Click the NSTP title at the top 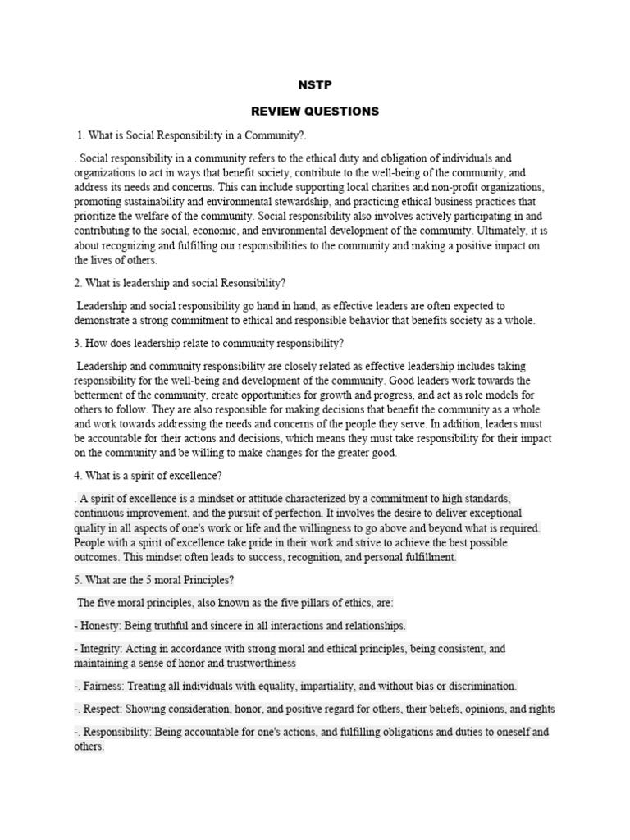tap(314, 84)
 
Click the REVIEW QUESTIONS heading tap(314, 111)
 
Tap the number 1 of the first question tap(80, 135)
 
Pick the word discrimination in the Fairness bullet tap(473, 686)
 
